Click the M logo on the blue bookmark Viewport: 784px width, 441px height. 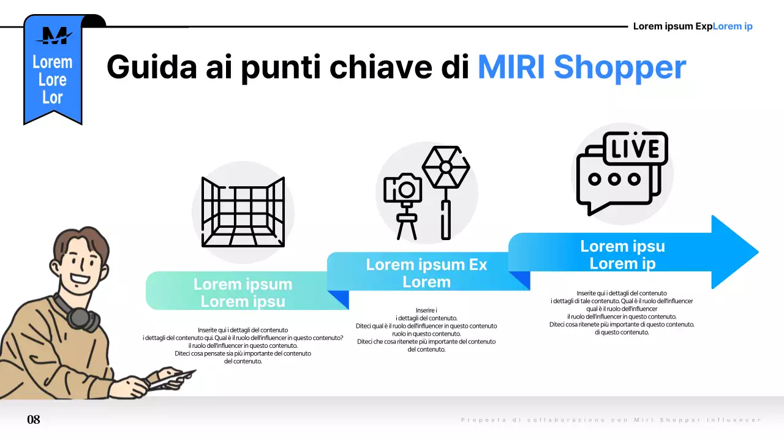click(53, 36)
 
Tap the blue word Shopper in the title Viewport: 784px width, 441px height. click(619, 67)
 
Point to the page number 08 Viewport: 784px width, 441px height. click(34, 420)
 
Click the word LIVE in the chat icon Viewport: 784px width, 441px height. click(635, 149)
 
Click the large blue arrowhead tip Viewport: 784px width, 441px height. click(744, 251)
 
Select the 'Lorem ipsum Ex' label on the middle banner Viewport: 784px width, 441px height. click(426, 265)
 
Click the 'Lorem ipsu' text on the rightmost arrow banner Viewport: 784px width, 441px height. click(622, 246)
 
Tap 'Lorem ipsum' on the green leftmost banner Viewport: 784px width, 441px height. click(243, 284)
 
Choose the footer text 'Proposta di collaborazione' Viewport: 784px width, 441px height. click(527, 420)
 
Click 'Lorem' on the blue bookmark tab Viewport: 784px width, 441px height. click(52, 62)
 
